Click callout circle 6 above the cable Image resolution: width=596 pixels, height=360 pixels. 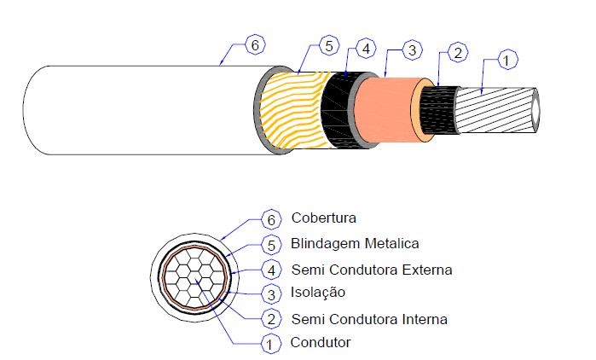click(x=253, y=44)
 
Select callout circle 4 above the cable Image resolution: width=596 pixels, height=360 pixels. click(x=365, y=49)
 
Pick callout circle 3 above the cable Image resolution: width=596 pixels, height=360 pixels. click(x=410, y=51)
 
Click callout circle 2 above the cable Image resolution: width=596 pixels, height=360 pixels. click(x=457, y=55)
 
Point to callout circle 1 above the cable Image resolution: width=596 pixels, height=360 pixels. click(x=506, y=60)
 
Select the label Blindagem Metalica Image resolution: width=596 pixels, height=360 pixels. click(x=355, y=243)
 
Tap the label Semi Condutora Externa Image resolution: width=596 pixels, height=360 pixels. click(x=371, y=270)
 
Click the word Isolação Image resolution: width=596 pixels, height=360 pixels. click(x=319, y=293)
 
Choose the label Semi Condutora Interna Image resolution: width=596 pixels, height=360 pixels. click(x=368, y=319)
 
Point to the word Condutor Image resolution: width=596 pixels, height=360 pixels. click(x=320, y=343)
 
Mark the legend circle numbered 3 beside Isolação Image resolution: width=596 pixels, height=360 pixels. click(x=270, y=293)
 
